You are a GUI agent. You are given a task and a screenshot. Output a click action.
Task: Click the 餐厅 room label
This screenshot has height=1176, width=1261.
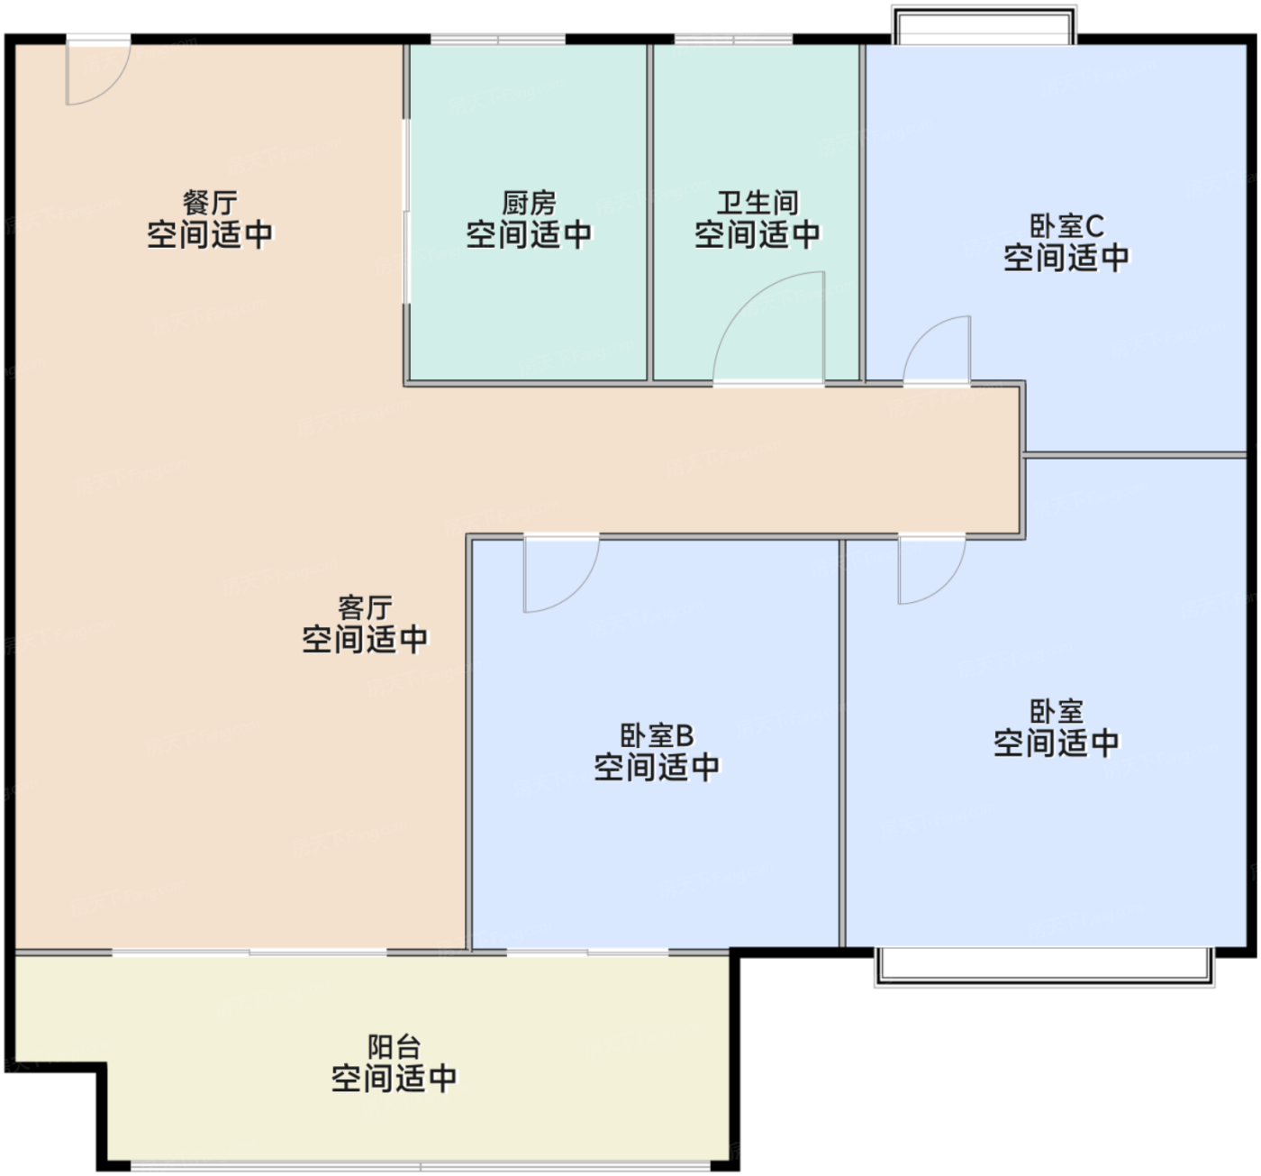pyautogui.click(x=210, y=201)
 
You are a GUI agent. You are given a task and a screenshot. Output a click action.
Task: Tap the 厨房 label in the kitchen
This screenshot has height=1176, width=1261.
pyautogui.click(x=529, y=201)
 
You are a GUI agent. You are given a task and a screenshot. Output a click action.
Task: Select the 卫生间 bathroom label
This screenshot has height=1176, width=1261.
pyautogui.click(x=757, y=201)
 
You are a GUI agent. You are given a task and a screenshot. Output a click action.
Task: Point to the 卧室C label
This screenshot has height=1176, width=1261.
pyautogui.click(x=1066, y=224)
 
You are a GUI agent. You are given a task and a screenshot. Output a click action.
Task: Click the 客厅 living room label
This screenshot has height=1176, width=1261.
pyautogui.click(x=364, y=606)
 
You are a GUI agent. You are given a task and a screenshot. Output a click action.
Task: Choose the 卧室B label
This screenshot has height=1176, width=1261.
pyautogui.click(x=657, y=735)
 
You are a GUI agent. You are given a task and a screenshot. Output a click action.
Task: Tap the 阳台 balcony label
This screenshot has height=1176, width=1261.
pyautogui.click(x=394, y=1046)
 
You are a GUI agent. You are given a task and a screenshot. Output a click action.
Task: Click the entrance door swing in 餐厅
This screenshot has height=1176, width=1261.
pyautogui.click(x=97, y=71)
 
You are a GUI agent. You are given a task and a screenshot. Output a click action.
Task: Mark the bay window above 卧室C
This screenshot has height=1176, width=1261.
pyautogui.click(x=984, y=24)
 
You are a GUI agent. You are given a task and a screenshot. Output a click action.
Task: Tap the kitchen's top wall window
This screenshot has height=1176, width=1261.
pyautogui.click(x=498, y=40)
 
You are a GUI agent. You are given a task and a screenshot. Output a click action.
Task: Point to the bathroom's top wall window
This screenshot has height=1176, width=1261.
pyautogui.click(x=733, y=40)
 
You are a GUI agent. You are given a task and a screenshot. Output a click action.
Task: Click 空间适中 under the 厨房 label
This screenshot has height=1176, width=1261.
pyautogui.click(x=529, y=234)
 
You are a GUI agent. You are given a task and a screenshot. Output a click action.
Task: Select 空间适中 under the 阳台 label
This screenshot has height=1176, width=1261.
pyautogui.click(x=394, y=1078)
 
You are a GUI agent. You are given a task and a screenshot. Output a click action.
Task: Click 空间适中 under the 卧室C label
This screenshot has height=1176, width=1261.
pyautogui.click(x=1066, y=258)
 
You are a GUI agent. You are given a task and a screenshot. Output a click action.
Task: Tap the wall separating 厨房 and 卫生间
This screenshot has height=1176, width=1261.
pyautogui.click(x=649, y=212)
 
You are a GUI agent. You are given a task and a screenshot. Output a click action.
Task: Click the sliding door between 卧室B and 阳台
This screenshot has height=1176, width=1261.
pyautogui.click(x=587, y=951)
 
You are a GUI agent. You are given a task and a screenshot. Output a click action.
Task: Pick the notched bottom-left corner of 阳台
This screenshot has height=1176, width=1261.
pyautogui.click(x=101, y=1069)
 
